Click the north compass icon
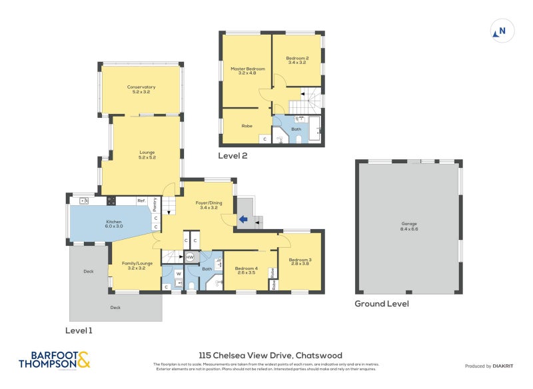502,31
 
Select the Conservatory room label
141,89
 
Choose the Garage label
409,226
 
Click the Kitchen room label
114,223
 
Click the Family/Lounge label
137,265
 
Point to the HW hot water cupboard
190,256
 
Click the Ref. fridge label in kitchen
141,200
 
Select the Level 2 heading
233,156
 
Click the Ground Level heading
382,304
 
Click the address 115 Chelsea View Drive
270,356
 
